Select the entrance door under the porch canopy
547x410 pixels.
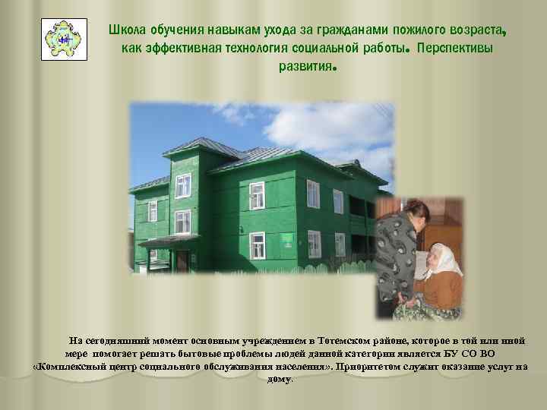(182, 260)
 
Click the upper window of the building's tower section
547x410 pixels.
(183, 184)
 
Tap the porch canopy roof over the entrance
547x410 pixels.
(170, 241)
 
